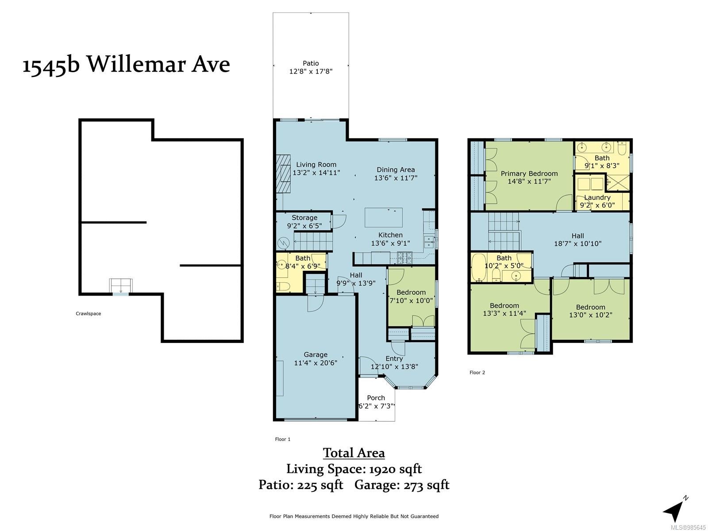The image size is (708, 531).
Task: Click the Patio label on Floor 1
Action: (311, 64)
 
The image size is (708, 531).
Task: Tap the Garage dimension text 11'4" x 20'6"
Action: (316, 363)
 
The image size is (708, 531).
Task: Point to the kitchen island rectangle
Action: (384, 218)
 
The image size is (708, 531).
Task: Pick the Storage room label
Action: (304, 218)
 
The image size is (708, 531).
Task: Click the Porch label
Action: (376, 398)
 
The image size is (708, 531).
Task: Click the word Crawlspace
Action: (88, 313)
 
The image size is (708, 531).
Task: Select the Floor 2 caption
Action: (477, 373)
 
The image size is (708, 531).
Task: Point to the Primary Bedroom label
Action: (529, 173)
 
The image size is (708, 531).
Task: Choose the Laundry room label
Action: (597, 197)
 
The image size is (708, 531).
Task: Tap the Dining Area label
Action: (396, 169)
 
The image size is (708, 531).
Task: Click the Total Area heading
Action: (354, 453)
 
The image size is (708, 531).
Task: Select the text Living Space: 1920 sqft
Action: (354, 469)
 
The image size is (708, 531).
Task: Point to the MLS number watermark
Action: (689, 527)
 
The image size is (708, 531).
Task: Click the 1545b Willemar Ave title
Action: (126, 65)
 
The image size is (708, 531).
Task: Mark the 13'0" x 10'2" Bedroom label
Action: (591, 307)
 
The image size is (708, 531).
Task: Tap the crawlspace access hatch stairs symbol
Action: (121, 286)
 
